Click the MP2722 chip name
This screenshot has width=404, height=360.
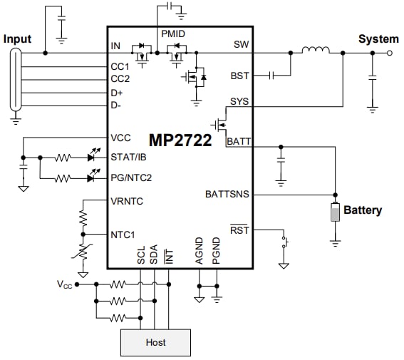[x=180, y=140]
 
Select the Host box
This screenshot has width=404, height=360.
[x=155, y=342]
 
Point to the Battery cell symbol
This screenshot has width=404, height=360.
[x=335, y=212]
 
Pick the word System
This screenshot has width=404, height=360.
[x=378, y=38]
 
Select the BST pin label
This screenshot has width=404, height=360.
[x=240, y=74]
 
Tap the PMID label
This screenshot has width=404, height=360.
[x=173, y=34]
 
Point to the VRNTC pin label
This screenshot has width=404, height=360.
[x=127, y=201]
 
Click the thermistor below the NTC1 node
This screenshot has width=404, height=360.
[x=83, y=253]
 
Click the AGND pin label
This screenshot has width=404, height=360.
[x=199, y=252]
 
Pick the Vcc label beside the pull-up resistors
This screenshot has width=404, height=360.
[x=65, y=284]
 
